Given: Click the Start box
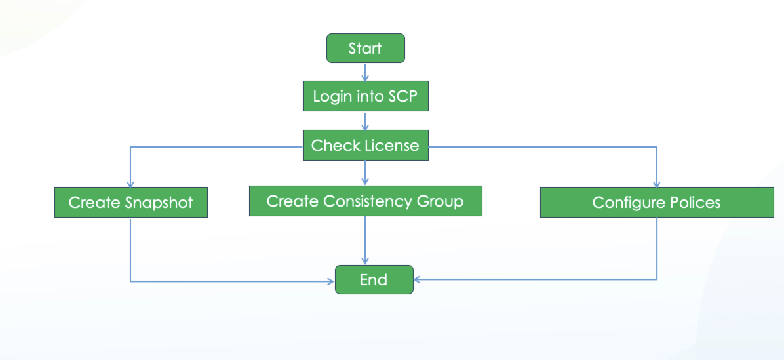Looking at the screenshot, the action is point(366,48).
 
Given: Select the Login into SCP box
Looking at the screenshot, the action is point(366,96).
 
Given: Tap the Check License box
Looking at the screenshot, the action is point(366,145).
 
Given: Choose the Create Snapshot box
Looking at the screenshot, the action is point(131,202).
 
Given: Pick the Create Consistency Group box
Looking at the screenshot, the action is point(366,201).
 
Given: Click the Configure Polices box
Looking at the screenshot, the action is point(657,202).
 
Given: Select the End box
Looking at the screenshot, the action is point(374,279).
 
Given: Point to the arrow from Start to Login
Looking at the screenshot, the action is point(365,72).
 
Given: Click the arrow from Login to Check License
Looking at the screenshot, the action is point(365,121).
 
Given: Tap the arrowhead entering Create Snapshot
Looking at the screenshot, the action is point(130,184).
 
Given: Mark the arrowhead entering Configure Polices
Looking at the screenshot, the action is point(656,184).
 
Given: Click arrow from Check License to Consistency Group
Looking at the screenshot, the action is point(365,173).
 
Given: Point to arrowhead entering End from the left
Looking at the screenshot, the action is point(331,281).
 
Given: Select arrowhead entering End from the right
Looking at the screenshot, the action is point(418,279).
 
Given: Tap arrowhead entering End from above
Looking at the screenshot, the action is point(365,261).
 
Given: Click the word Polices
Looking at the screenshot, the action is point(696,203).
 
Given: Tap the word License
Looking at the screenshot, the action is point(392,146).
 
